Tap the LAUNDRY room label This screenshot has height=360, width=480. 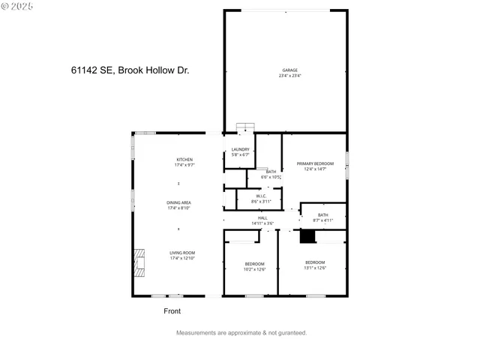(240, 149)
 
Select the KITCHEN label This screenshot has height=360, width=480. (184, 159)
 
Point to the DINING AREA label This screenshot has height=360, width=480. (178, 202)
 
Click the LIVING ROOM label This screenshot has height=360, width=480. (181, 253)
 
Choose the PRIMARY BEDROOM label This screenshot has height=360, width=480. (314, 163)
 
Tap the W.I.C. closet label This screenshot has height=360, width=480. (256, 196)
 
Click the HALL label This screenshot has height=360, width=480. (262, 218)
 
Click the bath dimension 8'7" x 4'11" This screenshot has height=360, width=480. (322, 220)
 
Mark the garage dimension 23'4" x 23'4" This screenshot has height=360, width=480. (289, 76)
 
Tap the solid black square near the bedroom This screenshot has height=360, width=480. (306, 236)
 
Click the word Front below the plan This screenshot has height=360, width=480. (172, 311)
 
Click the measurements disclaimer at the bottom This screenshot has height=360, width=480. (241, 332)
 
